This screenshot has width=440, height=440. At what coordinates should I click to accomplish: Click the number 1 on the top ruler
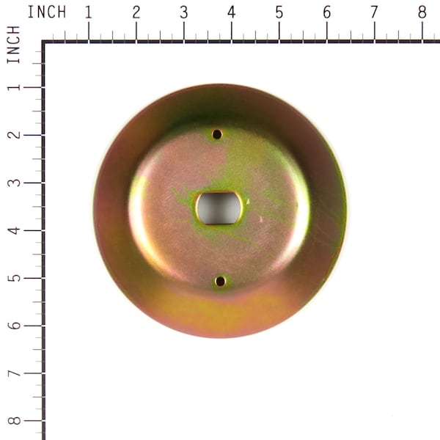89,12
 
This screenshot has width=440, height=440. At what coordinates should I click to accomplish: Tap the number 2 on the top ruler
136,12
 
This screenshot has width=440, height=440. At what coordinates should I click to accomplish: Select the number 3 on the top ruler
184,12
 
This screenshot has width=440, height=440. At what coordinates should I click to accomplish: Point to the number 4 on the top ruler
231,12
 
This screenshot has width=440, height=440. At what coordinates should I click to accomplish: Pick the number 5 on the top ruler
279,12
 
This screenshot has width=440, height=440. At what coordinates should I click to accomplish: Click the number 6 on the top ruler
326,12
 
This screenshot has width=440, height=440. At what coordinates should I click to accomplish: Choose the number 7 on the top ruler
374,12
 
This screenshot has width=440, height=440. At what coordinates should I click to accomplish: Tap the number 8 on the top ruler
422,12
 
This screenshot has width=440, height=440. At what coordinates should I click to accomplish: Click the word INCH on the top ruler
47,12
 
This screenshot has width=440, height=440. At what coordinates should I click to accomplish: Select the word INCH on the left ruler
13,45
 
